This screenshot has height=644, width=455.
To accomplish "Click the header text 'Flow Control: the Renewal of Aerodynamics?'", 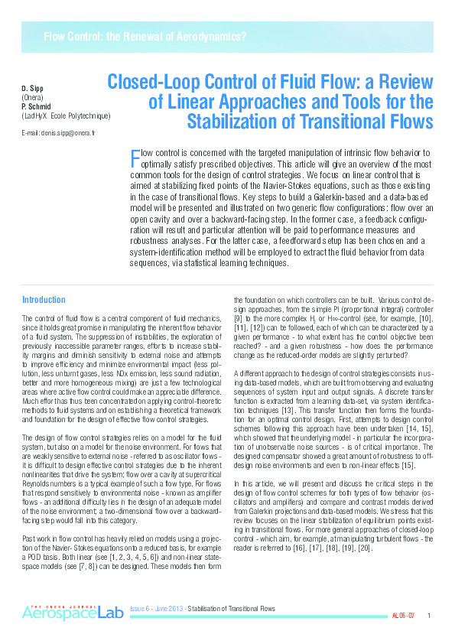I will pyautogui.click(x=145, y=37).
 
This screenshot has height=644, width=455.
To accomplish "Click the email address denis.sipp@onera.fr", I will pyautogui.click(x=59, y=133).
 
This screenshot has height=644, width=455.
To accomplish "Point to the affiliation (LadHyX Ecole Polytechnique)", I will pyautogui.click(x=67, y=115).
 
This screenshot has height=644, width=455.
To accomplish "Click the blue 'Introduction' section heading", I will pyautogui.click(x=44, y=300).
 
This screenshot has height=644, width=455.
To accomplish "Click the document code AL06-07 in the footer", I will pyautogui.click(x=403, y=616).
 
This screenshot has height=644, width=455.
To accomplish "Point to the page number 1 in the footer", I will pyautogui.click(x=429, y=616).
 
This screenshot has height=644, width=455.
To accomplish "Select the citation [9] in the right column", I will pyautogui.click(x=237, y=317).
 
